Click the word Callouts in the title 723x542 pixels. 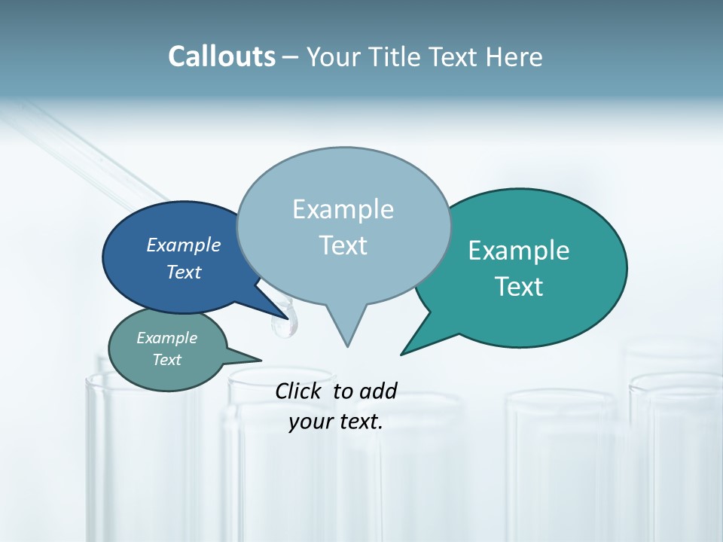[x=221, y=56]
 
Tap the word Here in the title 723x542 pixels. [x=514, y=57]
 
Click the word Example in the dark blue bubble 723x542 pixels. [x=183, y=245]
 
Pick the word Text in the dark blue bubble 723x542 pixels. [x=183, y=272]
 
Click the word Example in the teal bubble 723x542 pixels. [x=518, y=251]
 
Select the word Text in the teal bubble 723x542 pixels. [x=520, y=287]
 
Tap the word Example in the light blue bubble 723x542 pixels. [x=343, y=209]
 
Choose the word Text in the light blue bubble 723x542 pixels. [x=343, y=245]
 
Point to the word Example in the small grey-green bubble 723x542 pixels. [x=166, y=338]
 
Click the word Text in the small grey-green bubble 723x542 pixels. [x=166, y=360]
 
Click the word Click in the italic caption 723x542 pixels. [x=300, y=391]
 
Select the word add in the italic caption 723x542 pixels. [x=378, y=391]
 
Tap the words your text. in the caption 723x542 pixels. [x=336, y=422]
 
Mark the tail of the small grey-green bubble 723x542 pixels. [x=255, y=359]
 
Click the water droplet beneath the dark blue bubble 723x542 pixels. [x=283, y=324]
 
